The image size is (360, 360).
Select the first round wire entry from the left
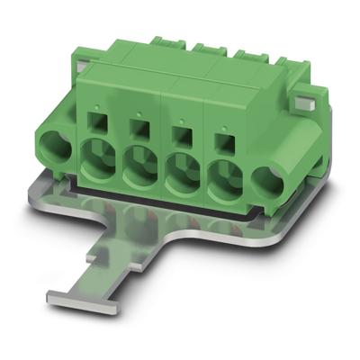click(x=97, y=160)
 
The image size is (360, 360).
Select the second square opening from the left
click(x=138, y=126)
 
